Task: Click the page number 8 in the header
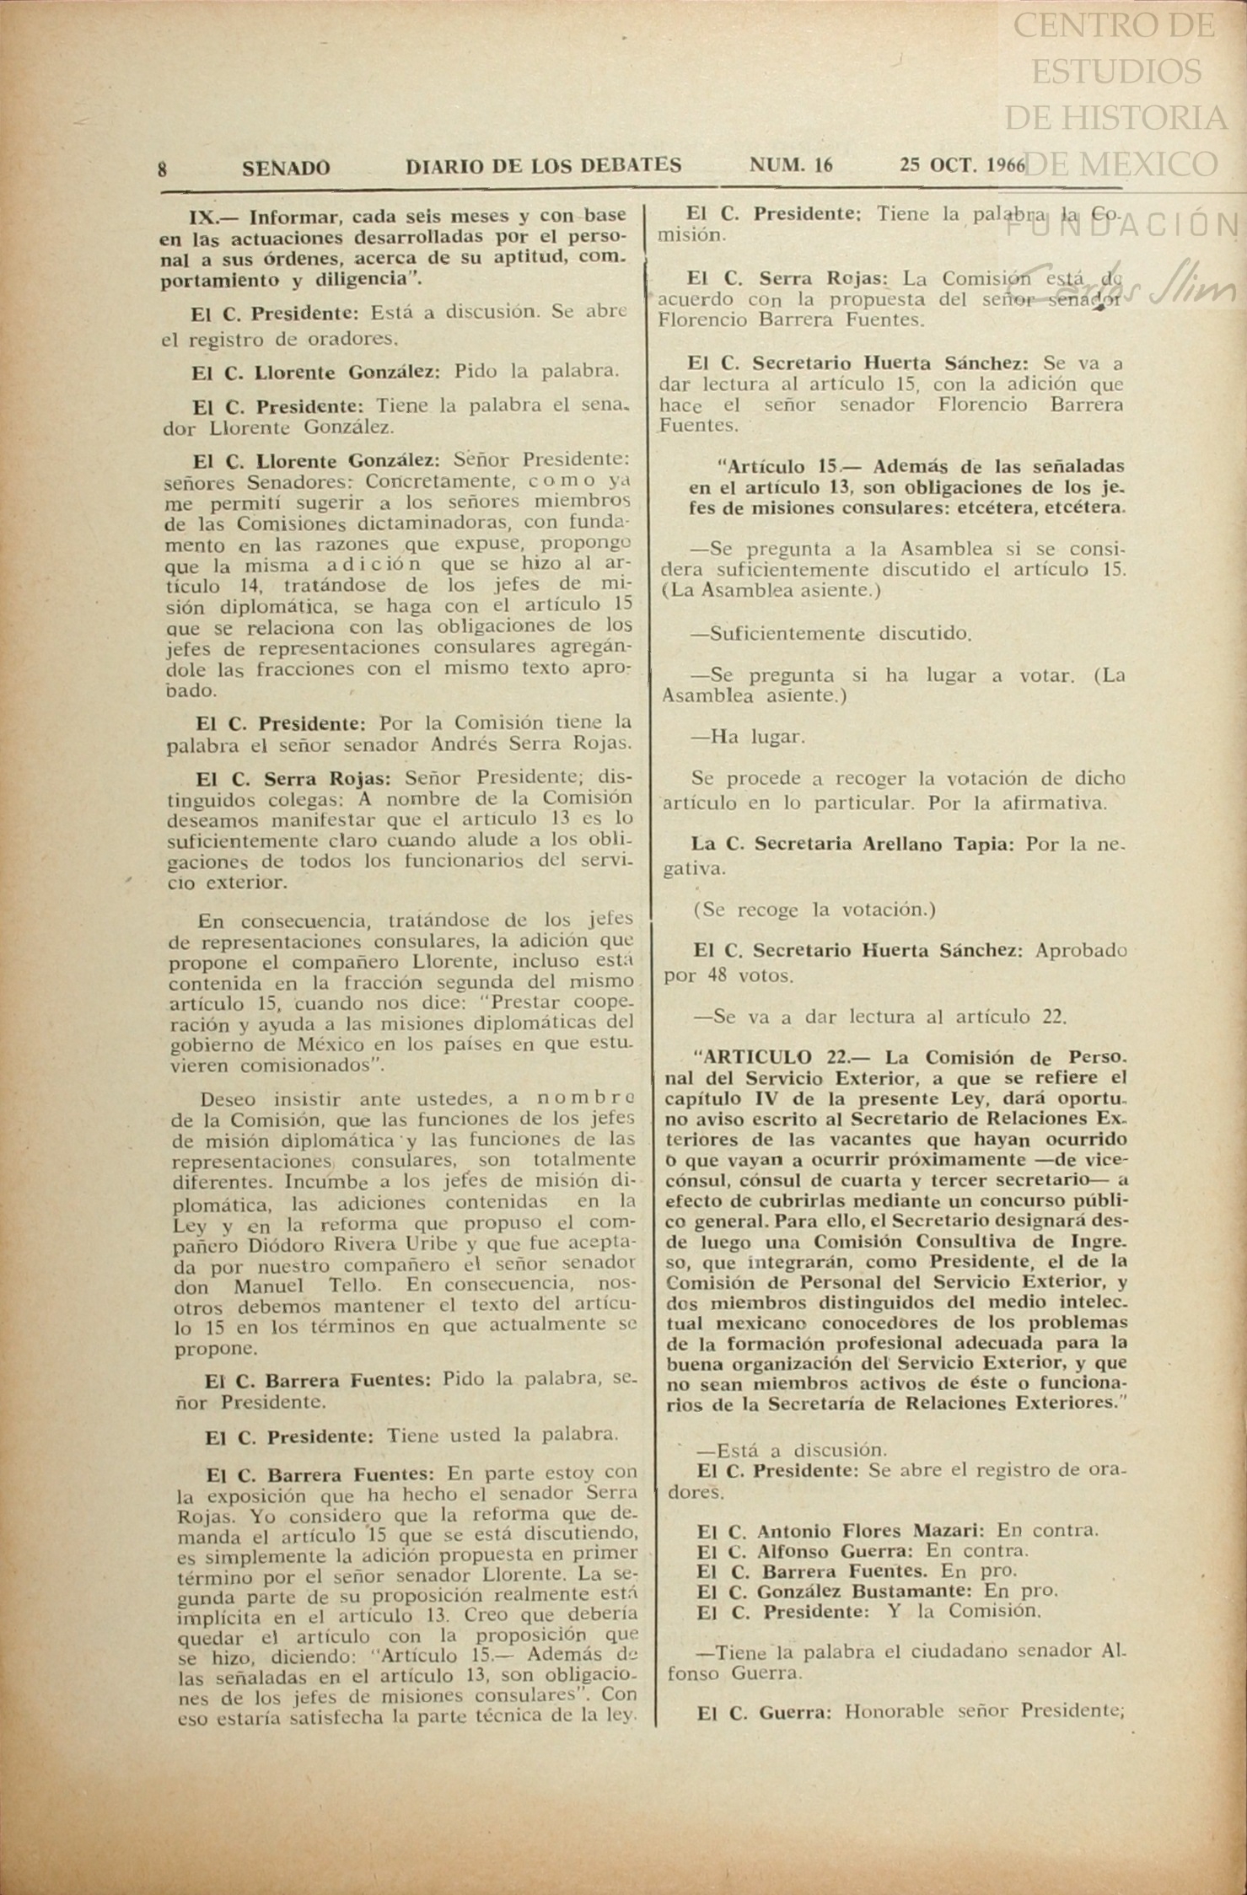162,169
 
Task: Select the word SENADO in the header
286,168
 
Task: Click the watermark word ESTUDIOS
1116,72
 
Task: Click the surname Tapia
986,844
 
